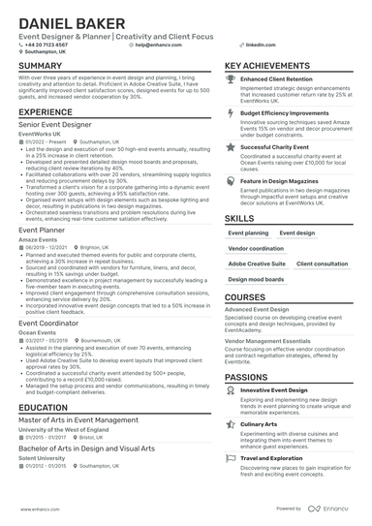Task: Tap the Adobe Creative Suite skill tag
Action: (x=257, y=263)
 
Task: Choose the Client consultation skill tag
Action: (x=323, y=263)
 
